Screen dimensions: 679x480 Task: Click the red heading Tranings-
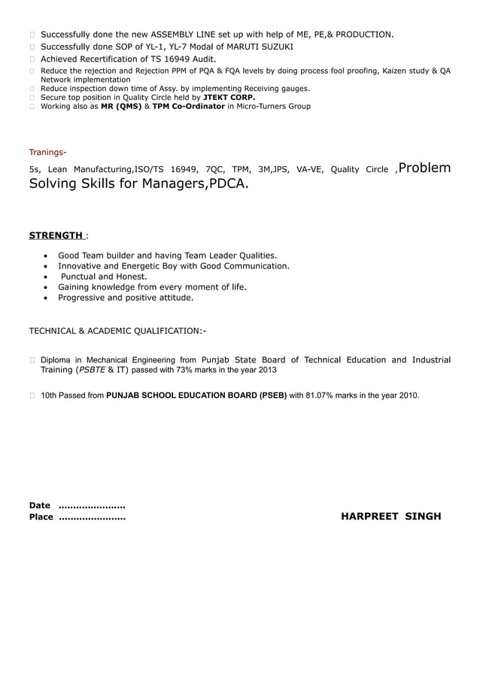(47, 152)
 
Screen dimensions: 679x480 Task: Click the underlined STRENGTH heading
(55, 235)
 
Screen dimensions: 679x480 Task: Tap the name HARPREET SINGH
(391, 517)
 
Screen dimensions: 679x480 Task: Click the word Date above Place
(39, 505)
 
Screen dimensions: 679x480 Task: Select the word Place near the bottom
(41, 517)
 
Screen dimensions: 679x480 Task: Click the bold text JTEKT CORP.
(229, 97)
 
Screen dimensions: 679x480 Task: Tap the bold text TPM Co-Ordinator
(188, 106)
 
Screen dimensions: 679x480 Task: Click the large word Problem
(426, 168)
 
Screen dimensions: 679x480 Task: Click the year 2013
(267, 370)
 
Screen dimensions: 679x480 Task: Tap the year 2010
(409, 395)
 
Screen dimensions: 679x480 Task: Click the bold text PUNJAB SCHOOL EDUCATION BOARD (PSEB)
(196, 395)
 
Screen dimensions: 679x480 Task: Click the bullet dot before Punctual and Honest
(47, 277)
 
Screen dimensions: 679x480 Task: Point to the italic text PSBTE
(93, 370)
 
